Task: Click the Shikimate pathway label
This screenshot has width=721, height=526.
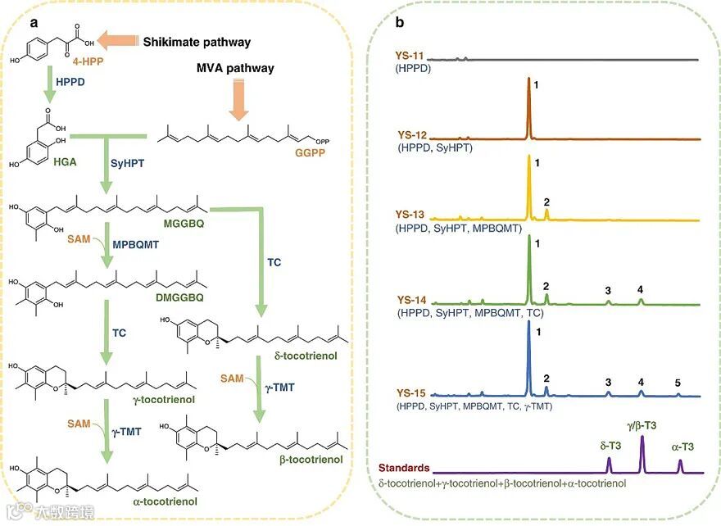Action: coord(197,42)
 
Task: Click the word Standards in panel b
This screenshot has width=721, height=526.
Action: coord(404,469)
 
